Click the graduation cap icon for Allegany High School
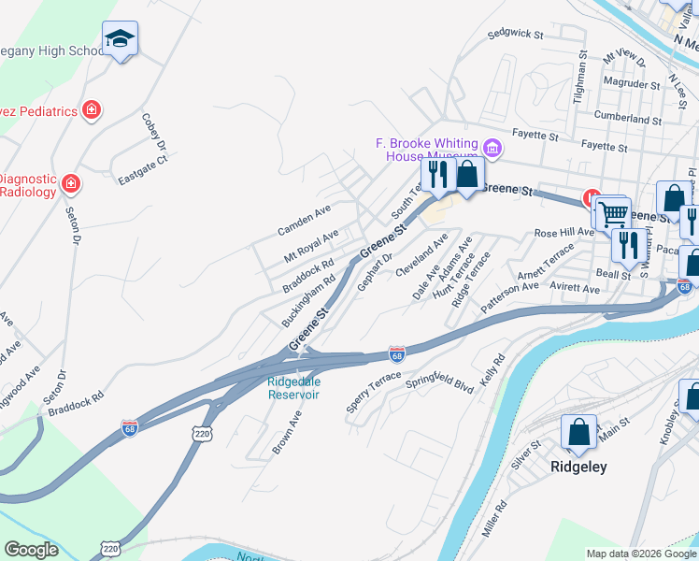click(120, 38)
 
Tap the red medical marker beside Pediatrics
click(91, 111)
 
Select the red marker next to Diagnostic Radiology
click(70, 182)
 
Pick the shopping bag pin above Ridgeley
click(578, 432)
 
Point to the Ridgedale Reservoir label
click(293, 388)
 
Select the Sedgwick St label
click(516, 35)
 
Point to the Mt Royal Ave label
click(311, 246)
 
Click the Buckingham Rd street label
click(308, 300)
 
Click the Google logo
click(31, 550)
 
